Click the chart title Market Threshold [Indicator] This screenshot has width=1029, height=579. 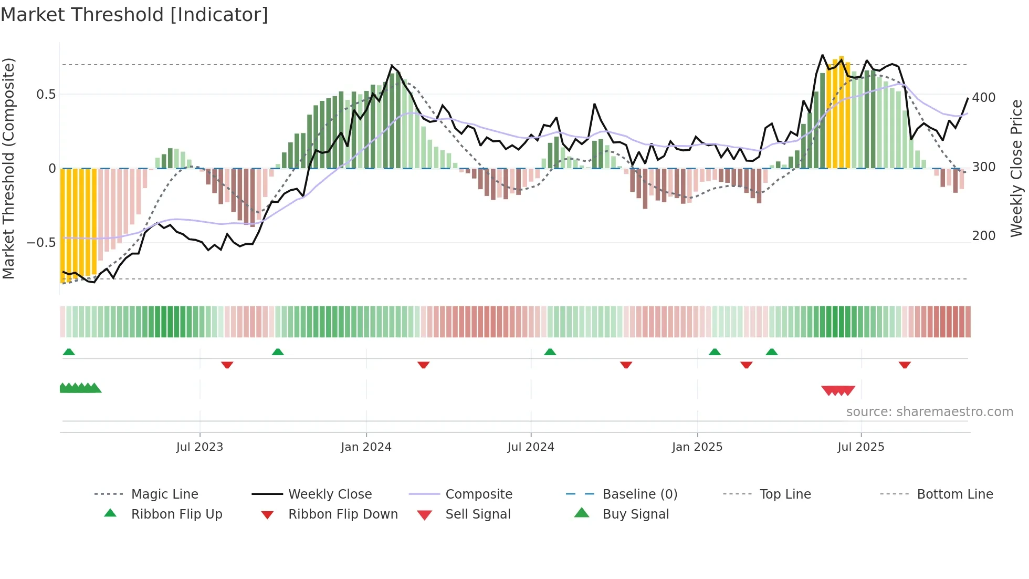(x=134, y=15)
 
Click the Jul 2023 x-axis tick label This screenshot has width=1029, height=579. (x=199, y=447)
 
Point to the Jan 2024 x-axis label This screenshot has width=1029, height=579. (x=366, y=447)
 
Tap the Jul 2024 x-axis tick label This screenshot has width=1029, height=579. (x=531, y=447)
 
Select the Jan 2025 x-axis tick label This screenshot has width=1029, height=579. (x=697, y=447)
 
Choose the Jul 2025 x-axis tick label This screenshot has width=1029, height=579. (x=861, y=447)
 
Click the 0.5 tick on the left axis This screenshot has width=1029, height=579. (x=46, y=95)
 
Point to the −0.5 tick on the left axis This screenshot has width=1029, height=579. (x=41, y=243)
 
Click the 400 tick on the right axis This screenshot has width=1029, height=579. (x=984, y=98)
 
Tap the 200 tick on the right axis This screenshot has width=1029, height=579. (x=984, y=236)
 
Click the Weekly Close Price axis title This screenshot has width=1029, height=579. (x=1017, y=168)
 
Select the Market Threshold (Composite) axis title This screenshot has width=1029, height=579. (x=8, y=168)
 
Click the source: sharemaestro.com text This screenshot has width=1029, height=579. (x=929, y=412)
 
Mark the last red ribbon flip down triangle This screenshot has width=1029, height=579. (x=905, y=365)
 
